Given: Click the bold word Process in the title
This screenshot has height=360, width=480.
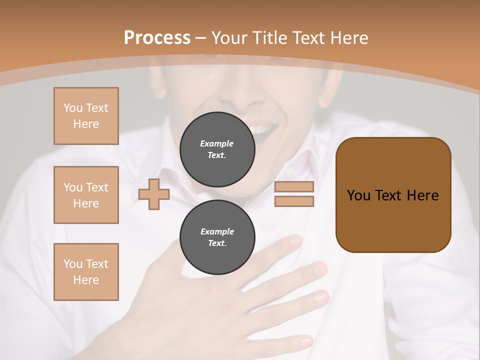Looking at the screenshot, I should click(x=157, y=38).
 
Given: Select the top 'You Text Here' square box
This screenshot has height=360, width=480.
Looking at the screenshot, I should click(x=86, y=116).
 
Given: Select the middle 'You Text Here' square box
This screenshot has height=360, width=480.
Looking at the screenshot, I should click(x=86, y=195).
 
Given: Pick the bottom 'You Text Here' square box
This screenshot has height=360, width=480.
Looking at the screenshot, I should click(x=86, y=272).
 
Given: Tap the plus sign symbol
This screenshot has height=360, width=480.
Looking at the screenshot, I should click(x=154, y=194).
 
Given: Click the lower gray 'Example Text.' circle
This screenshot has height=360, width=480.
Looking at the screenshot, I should click(x=217, y=237).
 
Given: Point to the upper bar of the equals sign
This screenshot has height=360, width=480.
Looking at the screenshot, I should click(x=294, y=187).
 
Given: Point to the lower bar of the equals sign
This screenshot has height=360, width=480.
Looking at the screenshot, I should click(x=294, y=201).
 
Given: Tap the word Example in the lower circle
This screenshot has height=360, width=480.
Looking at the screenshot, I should click(x=217, y=231).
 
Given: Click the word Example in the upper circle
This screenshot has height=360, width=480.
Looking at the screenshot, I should click(x=217, y=143).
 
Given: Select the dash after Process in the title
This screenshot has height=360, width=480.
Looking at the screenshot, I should click(x=201, y=38).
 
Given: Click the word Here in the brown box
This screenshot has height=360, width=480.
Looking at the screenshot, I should click(x=423, y=195).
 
